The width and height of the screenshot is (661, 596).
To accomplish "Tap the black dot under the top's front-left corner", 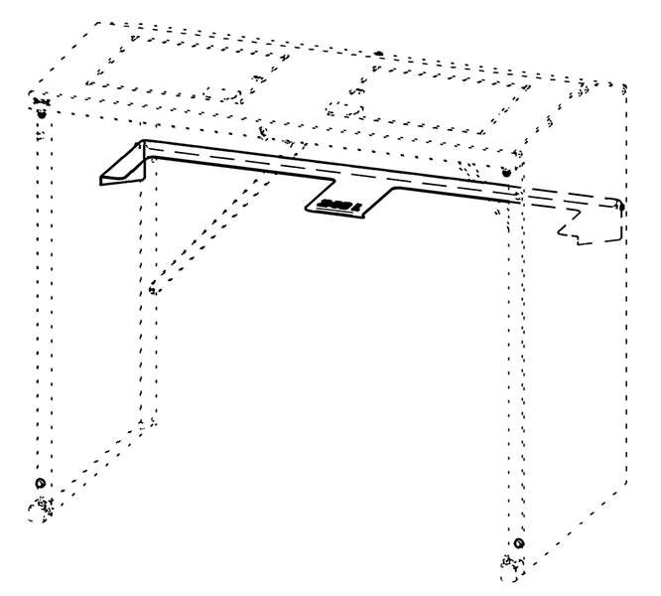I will pyautogui.click(x=41, y=112).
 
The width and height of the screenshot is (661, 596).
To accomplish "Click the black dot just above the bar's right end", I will pyautogui.click(x=506, y=174).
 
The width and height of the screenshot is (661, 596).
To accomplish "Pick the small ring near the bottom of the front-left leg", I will pyautogui.click(x=40, y=482).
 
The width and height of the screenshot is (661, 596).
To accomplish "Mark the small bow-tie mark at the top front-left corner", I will pyautogui.click(x=41, y=100).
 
